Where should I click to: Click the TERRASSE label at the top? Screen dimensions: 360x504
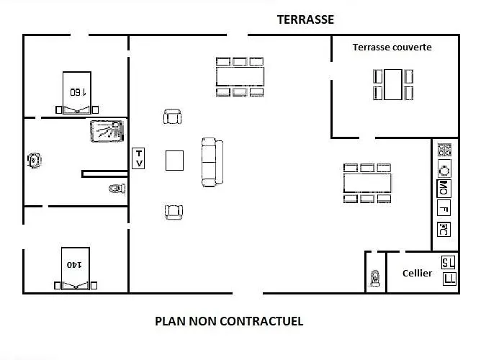pos(305,20)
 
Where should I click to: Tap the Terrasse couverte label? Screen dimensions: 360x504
pos(392,48)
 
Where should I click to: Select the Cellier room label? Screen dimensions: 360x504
pos(418,274)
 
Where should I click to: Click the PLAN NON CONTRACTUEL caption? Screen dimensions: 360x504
pos(229,321)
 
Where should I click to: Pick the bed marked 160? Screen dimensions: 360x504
pos(76,93)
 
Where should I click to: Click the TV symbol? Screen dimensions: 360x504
pos(139,158)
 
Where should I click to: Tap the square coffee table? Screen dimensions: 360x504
pos(175,160)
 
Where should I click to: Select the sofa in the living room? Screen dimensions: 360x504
pos(212,162)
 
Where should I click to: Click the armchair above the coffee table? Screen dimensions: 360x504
pos(173,117)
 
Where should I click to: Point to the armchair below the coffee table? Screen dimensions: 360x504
pos(173,212)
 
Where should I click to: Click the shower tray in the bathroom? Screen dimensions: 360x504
pos(107,131)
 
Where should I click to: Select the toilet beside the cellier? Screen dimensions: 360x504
pos(374,277)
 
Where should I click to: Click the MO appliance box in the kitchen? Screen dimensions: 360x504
pos(444,189)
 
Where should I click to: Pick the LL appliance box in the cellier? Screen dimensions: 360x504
pos(449,279)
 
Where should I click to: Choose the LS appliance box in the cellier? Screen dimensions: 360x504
pos(449,262)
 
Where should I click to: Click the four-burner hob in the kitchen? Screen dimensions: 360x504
pos(445,150)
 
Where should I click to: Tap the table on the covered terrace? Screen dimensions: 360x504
pos(392,84)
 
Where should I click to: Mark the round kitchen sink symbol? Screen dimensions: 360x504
pos(445,170)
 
